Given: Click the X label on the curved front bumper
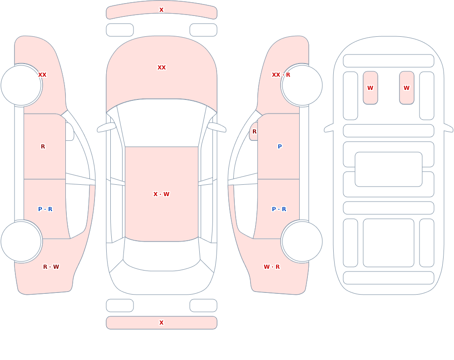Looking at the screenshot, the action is [x=161, y=10].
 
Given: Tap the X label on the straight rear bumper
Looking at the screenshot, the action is [x=161, y=323].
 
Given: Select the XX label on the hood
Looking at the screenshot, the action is [x=162, y=68].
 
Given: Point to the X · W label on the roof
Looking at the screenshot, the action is [x=161, y=194].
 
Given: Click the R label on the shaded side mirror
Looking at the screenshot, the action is [x=254, y=132].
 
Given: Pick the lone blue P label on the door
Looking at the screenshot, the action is [x=280, y=147].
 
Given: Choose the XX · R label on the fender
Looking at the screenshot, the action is [x=281, y=75].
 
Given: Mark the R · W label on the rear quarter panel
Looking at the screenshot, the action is [x=51, y=267].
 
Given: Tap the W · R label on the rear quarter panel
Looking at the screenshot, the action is [x=271, y=267].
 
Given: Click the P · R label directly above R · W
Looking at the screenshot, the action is [x=45, y=209].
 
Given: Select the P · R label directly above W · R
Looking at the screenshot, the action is [x=279, y=209].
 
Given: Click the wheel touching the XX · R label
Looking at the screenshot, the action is [x=302, y=85].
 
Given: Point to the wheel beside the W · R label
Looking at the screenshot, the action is [x=302, y=242].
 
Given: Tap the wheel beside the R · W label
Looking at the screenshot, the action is [x=21, y=242].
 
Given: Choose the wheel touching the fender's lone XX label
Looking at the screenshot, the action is [x=21, y=85].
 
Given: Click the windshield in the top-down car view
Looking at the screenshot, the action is [x=162, y=123].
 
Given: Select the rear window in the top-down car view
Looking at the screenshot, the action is [x=162, y=255].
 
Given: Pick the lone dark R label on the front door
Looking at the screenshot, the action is [x=43, y=147].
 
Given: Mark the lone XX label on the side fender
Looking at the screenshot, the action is [x=42, y=75].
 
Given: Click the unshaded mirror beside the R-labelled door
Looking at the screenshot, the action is [x=69, y=132].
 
